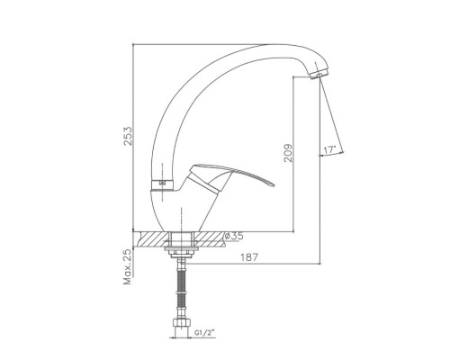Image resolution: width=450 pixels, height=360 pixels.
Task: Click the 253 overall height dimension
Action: pyautogui.click(x=128, y=136)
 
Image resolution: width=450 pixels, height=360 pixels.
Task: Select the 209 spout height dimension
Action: pyautogui.click(x=288, y=153)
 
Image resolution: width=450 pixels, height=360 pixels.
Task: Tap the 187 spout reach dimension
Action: pyautogui.click(x=249, y=257)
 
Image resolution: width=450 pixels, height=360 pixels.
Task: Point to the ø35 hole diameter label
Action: pyautogui.click(x=234, y=236)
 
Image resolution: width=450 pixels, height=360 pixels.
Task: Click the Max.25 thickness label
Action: pyautogui.click(x=128, y=267)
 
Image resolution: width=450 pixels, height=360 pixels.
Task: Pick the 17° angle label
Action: pyautogui.click(x=329, y=149)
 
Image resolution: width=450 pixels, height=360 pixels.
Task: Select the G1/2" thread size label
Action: pyautogui.click(x=205, y=332)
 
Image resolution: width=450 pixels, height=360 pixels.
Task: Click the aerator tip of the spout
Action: pyautogui.click(x=319, y=74)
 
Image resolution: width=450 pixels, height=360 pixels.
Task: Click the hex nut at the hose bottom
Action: pyautogui.click(x=181, y=323)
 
